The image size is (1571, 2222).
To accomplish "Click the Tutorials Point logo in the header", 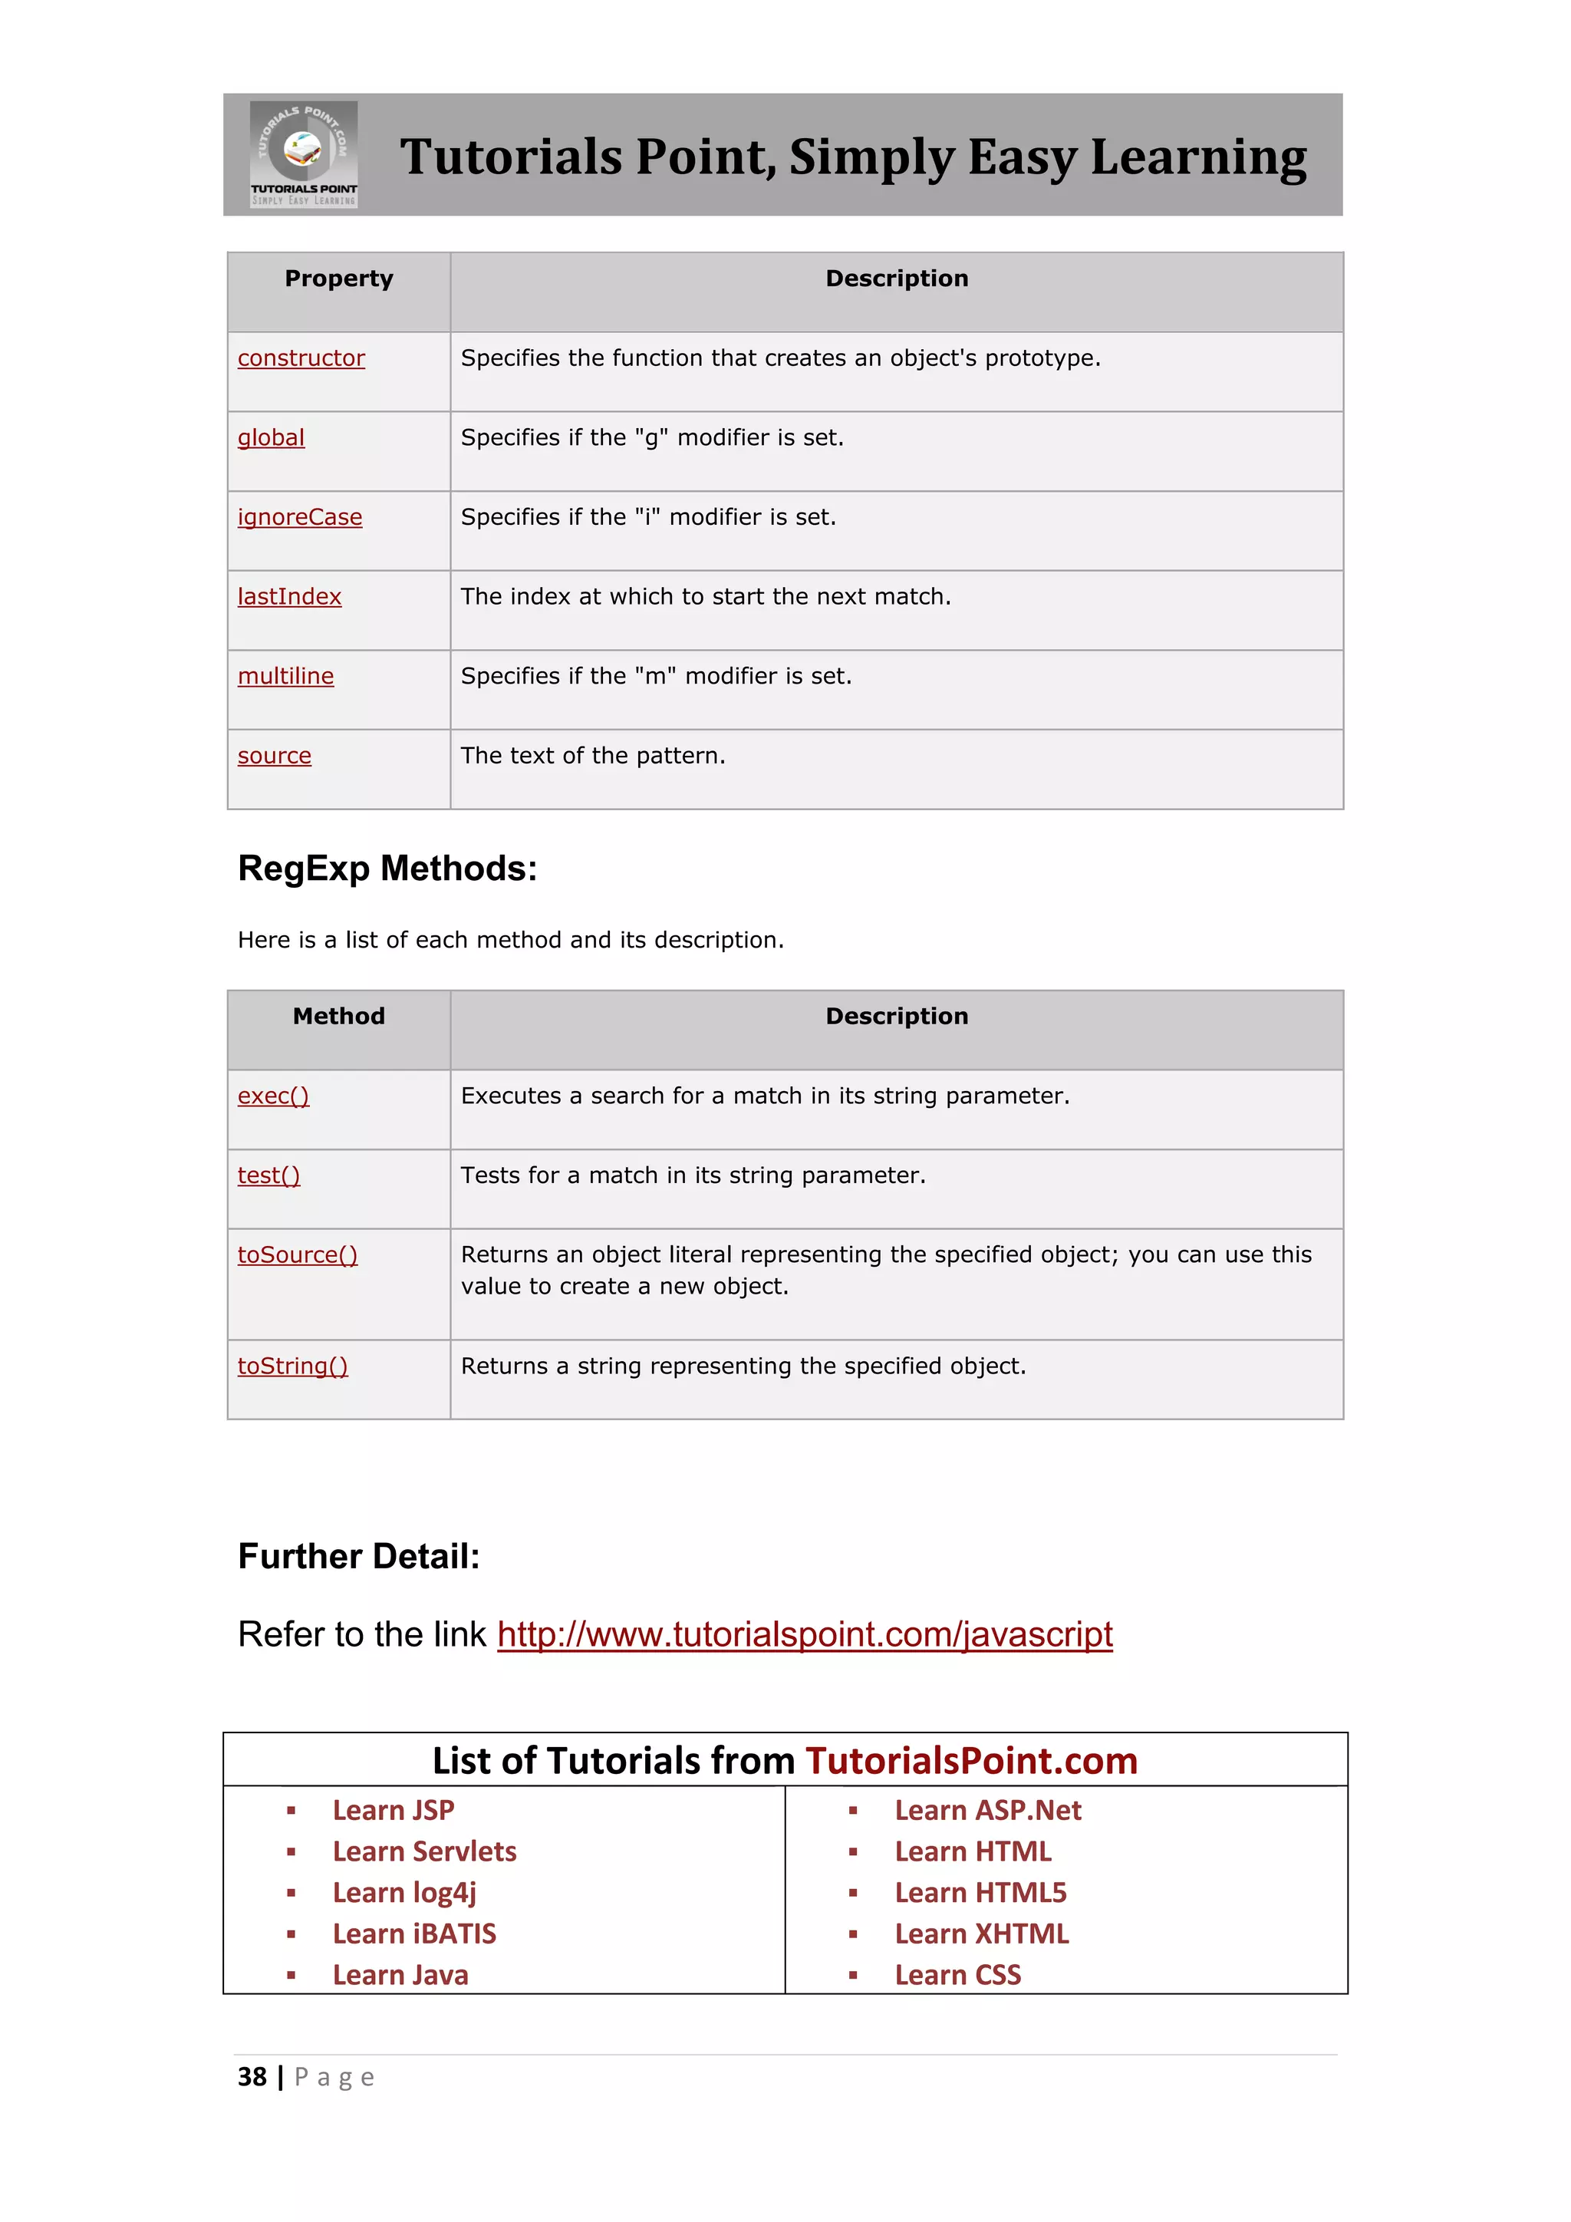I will [x=304, y=154].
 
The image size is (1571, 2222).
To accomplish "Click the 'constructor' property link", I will [x=301, y=358].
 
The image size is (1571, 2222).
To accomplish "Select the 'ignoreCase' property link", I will [x=300, y=517].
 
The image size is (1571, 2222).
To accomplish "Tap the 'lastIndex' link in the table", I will [x=289, y=596].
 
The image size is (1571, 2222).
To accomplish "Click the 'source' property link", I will [x=275, y=755].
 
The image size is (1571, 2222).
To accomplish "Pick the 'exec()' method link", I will [x=273, y=1096].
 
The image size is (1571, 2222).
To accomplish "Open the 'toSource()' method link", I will [x=297, y=1254].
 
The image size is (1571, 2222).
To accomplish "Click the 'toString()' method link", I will [x=292, y=1366].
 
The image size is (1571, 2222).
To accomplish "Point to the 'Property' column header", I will [x=338, y=279].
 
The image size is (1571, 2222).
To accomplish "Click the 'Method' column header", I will [x=338, y=1016].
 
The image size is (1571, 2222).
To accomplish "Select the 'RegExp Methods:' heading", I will [x=387, y=868].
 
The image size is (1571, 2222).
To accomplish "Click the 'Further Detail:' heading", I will [x=359, y=1556].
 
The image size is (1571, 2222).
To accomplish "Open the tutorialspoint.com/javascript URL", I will [x=804, y=1634].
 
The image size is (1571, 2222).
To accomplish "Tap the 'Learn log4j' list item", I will [x=404, y=1892].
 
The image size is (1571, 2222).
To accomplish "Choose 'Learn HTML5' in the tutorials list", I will [x=980, y=1892].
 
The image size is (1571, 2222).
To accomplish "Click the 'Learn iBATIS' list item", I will [x=414, y=1934].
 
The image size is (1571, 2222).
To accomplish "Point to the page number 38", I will [x=252, y=2077].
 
